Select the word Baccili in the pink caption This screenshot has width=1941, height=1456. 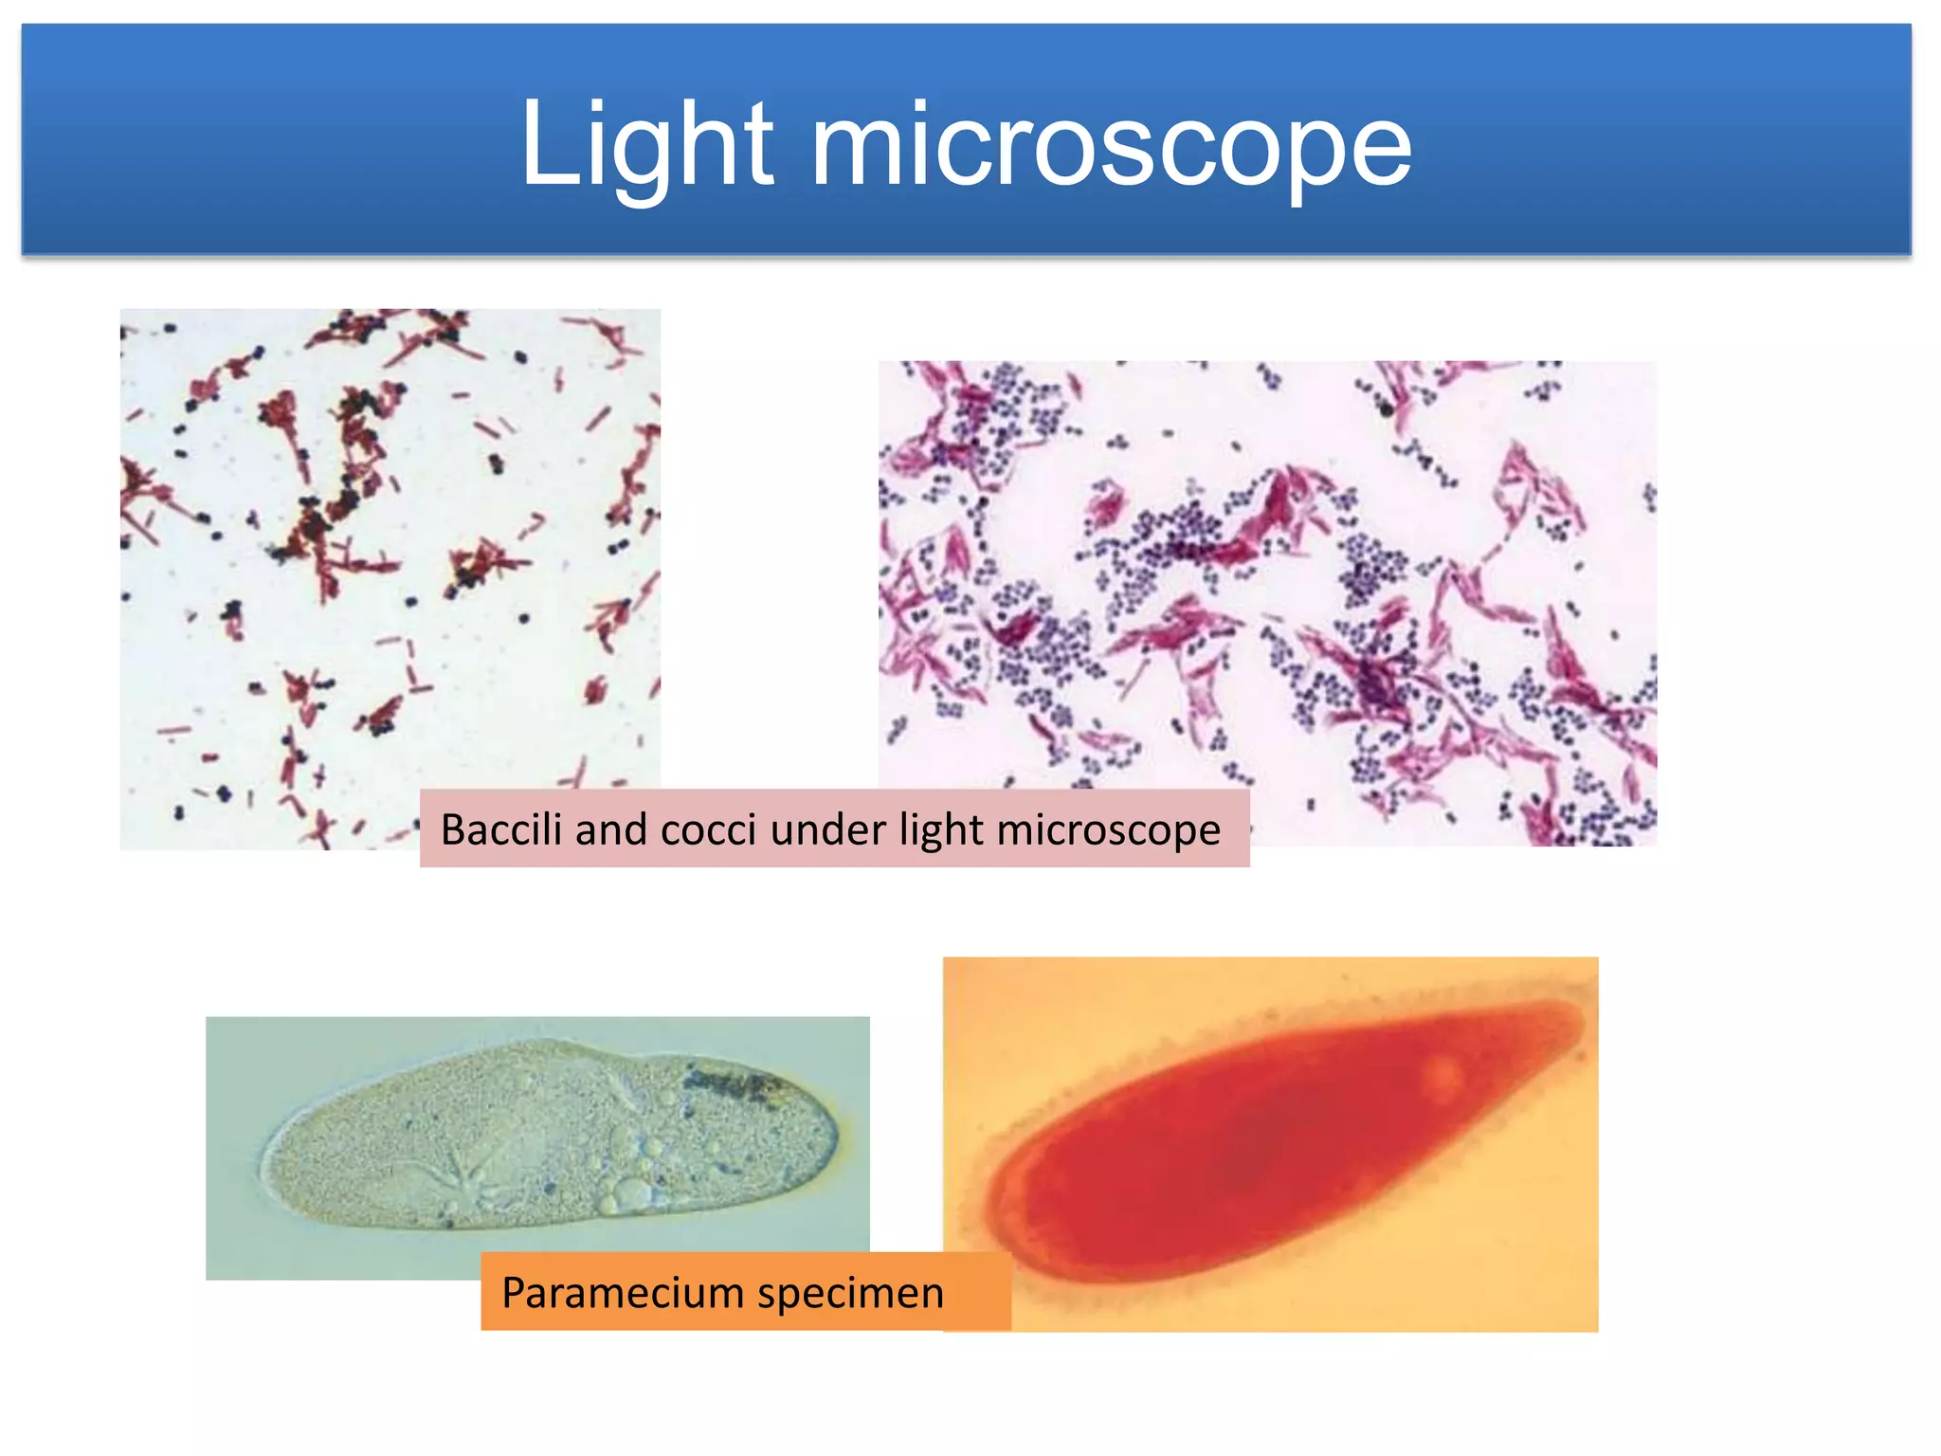pos(501,829)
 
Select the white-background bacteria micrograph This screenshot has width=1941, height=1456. pos(390,550)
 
